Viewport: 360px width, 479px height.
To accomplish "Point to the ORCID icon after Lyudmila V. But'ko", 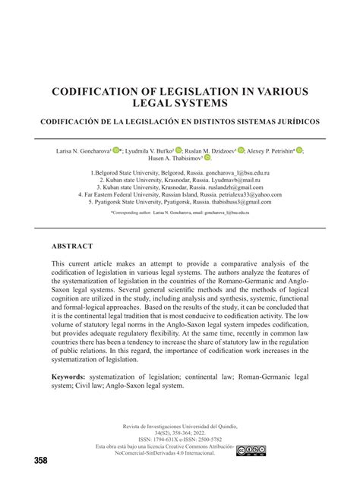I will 179,150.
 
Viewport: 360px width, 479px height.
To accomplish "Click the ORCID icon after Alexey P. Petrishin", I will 299,150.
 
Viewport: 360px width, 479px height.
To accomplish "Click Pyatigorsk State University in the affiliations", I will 131,203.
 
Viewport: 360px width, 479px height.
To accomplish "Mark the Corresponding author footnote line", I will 180,214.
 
